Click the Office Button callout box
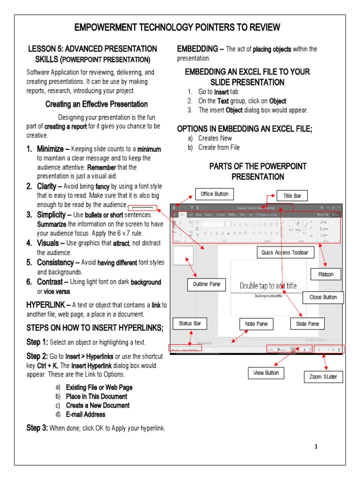(x=214, y=194)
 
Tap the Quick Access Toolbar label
(x=285, y=253)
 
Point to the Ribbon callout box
(x=325, y=274)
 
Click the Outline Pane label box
(x=206, y=284)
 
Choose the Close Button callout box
(x=323, y=297)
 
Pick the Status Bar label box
(x=189, y=323)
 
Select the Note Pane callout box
(x=256, y=323)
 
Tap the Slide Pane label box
(x=307, y=323)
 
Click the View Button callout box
(x=266, y=373)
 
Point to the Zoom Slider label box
(x=323, y=376)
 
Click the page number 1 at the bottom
(x=316, y=447)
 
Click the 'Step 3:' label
(x=37, y=428)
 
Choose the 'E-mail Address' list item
(x=85, y=414)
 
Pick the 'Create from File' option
(x=218, y=147)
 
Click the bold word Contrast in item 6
(x=50, y=282)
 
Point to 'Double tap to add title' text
(x=268, y=285)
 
